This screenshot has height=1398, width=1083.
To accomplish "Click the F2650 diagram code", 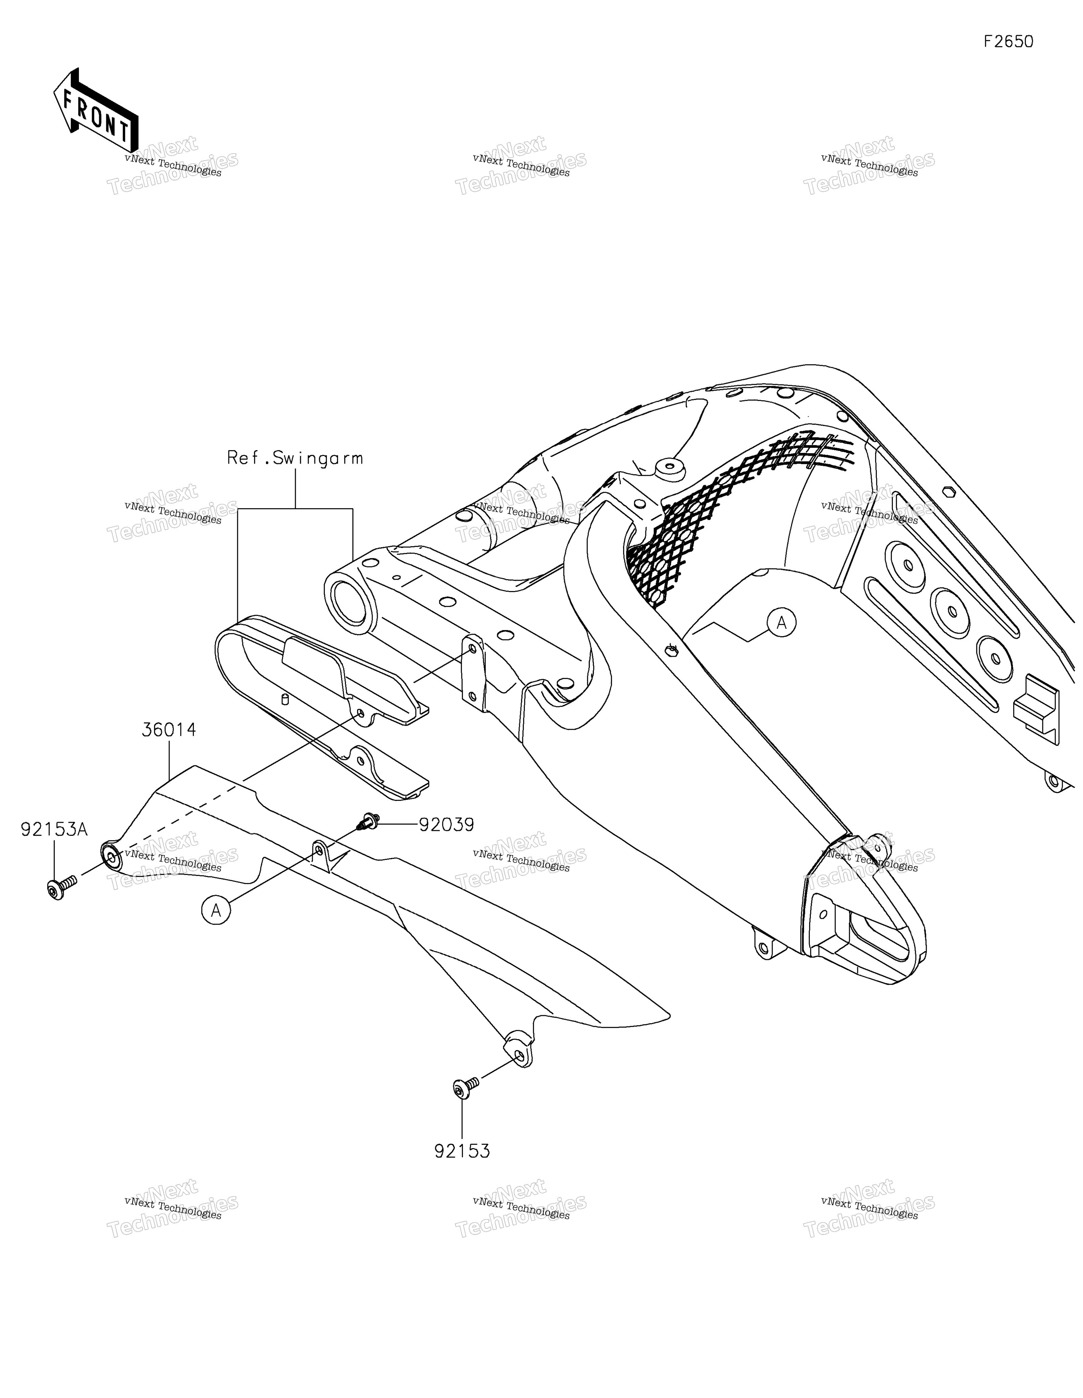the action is (x=1008, y=42).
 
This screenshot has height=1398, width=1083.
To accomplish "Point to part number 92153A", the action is (x=54, y=830).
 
